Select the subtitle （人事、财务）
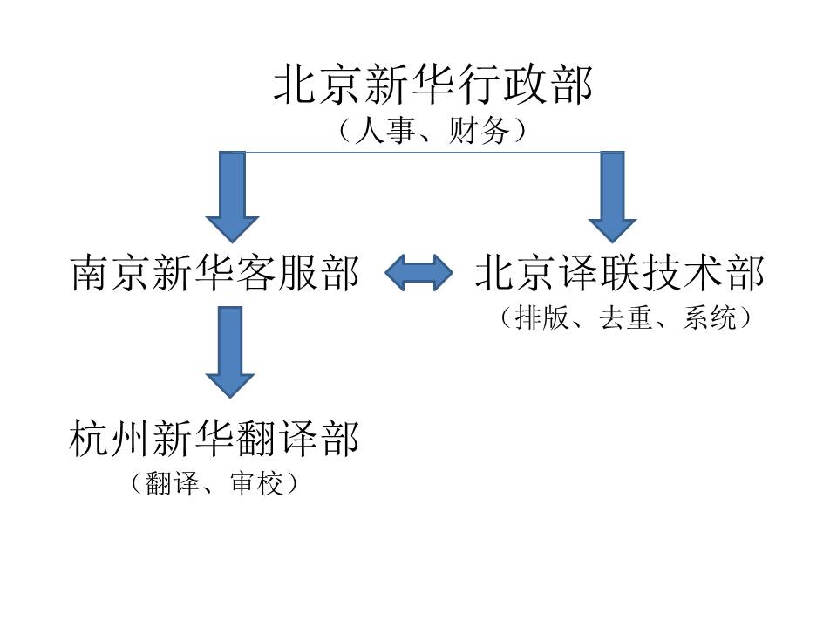(x=433, y=131)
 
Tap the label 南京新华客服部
(x=214, y=274)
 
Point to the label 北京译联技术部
(x=620, y=274)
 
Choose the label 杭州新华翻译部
(x=214, y=439)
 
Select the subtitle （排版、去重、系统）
(x=625, y=318)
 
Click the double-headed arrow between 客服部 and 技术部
(x=418, y=274)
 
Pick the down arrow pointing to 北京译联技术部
(x=613, y=196)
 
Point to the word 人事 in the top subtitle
(x=373, y=131)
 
